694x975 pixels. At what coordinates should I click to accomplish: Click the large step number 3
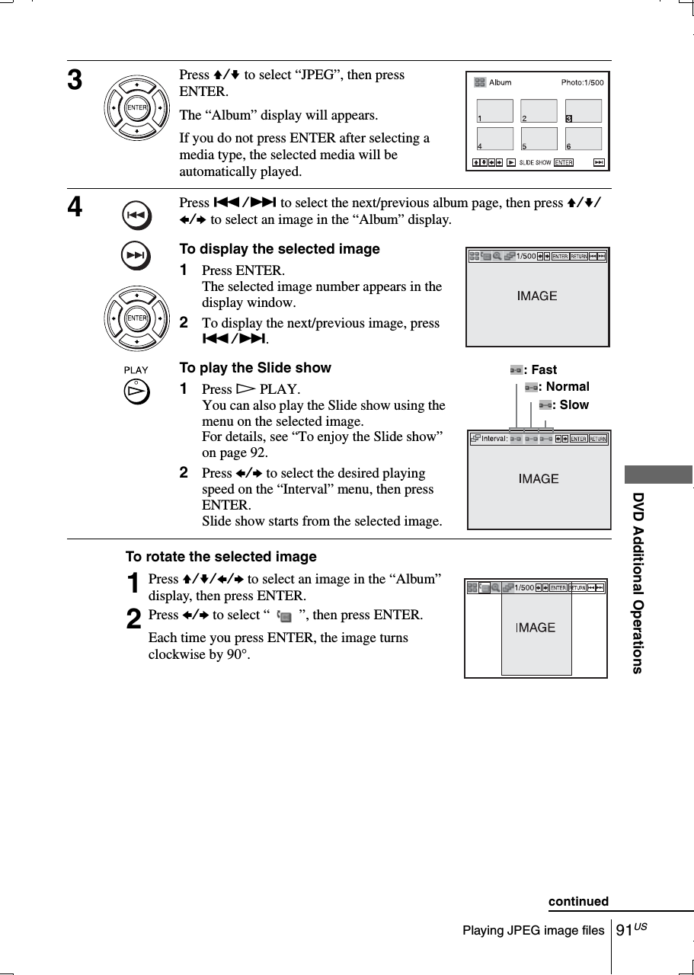tap(76, 80)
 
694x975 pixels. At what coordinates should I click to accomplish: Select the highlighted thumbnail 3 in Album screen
tap(583, 110)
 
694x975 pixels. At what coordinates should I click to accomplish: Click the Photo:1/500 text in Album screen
tap(582, 82)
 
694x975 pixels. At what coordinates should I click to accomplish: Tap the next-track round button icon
tap(136, 257)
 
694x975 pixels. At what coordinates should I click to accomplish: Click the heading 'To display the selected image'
tap(279, 249)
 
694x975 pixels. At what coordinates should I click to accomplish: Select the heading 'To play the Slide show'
tap(254, 368)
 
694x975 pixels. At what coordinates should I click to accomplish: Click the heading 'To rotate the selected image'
tap(221, 557)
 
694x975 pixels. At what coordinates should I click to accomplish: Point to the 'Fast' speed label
tap(543, 370)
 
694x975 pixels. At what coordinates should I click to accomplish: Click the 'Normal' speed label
tap(567, 387)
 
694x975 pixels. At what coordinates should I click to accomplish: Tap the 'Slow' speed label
tap(574, 405)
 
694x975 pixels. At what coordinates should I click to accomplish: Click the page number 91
tap(625, 930)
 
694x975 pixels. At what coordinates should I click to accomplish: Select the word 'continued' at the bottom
tap(578, 902)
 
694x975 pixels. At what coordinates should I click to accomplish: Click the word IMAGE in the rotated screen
tap(536, 628)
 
